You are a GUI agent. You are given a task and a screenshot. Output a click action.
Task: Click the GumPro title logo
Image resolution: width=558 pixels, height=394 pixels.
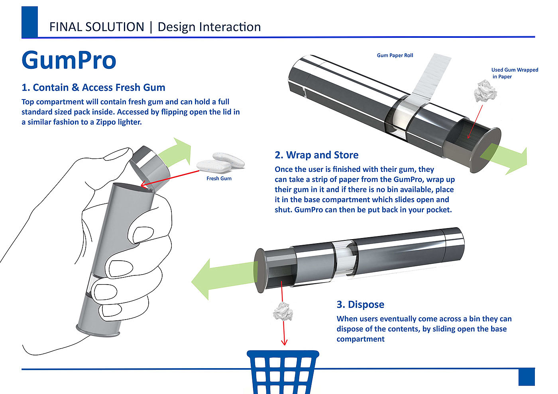coord(69,60)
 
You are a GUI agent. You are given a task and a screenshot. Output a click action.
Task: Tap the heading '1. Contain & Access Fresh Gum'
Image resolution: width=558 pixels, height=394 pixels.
coord(93,88)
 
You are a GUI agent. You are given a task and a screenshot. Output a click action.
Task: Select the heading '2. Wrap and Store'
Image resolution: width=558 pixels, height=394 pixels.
coord(316,155)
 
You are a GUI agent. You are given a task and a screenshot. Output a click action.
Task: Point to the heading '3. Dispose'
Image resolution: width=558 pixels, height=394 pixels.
coord(360,304)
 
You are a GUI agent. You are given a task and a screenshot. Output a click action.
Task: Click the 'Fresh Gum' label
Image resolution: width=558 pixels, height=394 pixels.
coord(219,179)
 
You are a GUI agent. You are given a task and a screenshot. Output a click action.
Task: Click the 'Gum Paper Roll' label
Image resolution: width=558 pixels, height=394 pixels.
coord(395,55)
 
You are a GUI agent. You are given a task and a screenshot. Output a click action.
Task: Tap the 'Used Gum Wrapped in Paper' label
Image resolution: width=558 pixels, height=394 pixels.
coord(514,73)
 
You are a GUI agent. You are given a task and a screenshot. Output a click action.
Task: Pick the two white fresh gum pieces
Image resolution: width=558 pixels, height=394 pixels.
coord(220,161)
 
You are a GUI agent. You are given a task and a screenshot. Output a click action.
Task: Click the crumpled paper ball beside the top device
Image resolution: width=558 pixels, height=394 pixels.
coord(485,91)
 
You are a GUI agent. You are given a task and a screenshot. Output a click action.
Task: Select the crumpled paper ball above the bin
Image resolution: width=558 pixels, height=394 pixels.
coord(283,311)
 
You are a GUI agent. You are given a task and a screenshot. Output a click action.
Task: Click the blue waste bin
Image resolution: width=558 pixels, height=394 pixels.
coord(283,372)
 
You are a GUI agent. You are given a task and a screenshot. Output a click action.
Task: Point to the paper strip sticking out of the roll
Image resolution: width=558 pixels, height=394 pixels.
coord(431,76)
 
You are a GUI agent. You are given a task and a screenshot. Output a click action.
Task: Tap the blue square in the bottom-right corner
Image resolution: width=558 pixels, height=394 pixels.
coord(526,377)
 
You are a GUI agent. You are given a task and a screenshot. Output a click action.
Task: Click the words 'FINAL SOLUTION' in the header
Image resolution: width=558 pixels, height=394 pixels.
coord(97,27)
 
